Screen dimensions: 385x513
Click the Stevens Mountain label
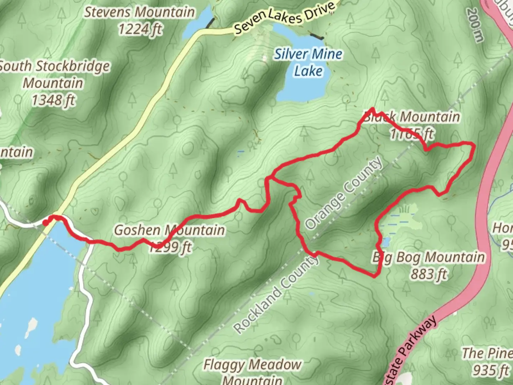[x=139, y=12]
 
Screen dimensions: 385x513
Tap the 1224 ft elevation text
[x=140, y=29]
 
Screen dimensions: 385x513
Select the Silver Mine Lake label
[x=308, y=62]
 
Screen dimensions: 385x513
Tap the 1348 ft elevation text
[x=53, y=100]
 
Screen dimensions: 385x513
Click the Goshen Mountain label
[x=169, y=230]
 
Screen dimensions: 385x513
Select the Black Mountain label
[x=411, y=117]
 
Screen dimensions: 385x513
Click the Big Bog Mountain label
[x=429, y=257]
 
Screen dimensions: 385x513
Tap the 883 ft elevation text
[x=429, y=274]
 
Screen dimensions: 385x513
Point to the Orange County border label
[x=344, y=194]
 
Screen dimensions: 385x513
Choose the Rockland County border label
[x=276, y=294]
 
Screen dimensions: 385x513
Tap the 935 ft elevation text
[x=491, y=370]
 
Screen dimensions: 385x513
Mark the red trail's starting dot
[x=45, y=223]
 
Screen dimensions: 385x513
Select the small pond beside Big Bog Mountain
[x=385, y=242]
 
